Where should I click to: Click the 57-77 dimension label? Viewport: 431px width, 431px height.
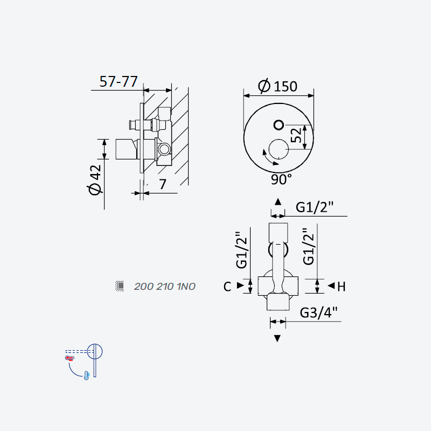(119, 81)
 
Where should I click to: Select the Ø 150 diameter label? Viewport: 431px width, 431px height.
(277, 86)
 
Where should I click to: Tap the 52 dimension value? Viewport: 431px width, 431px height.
(296, 135)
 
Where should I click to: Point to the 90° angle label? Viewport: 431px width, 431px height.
(281, 179)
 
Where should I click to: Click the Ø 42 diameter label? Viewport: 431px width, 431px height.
(95, 180)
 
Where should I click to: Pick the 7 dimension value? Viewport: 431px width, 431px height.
(163, 184)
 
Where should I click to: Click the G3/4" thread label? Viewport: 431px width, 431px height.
(318, 312)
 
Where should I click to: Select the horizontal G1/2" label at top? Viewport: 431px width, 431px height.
(315, 207)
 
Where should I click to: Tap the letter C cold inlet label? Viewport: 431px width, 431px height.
(227, 287)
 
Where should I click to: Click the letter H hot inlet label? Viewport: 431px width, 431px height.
(341, 287)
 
